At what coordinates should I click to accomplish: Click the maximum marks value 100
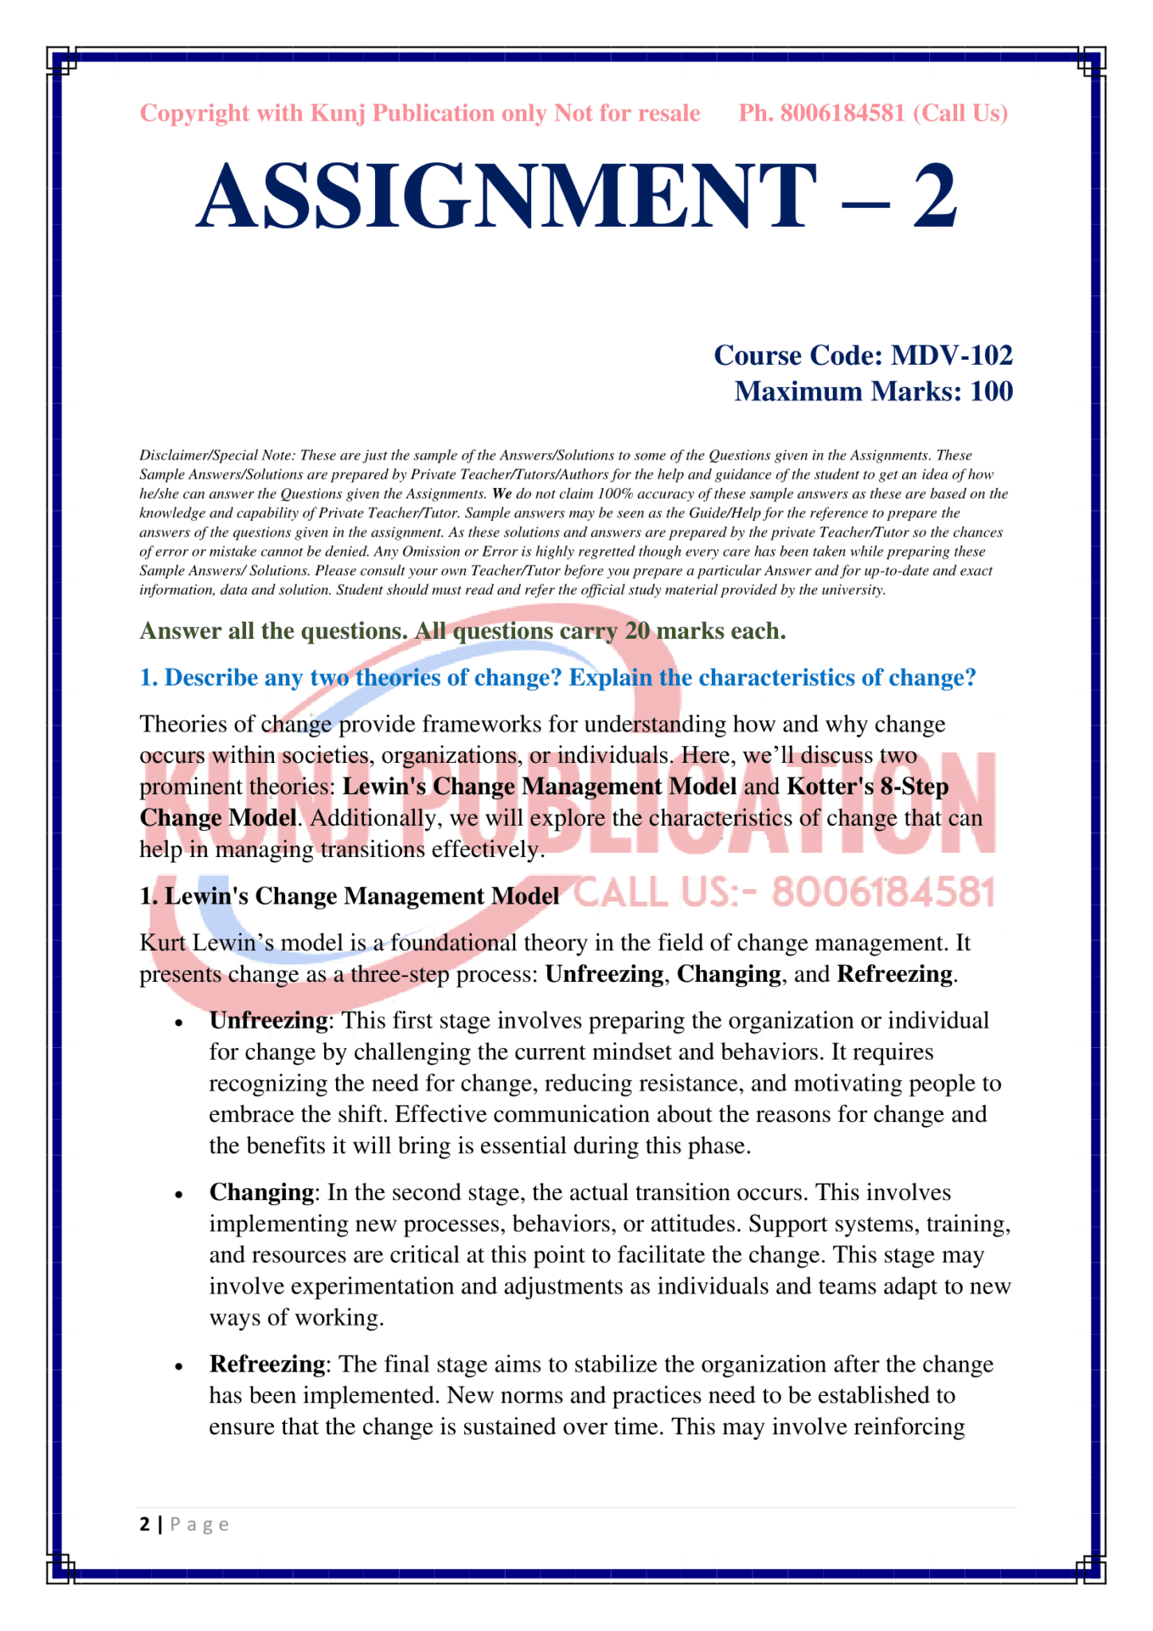coord(991,392)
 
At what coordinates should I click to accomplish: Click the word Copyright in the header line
coord(194,114)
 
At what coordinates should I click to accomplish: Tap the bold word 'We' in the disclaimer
coord(501,494)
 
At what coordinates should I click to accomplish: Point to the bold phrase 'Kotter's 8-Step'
coord(867,787)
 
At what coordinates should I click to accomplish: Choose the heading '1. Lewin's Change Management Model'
coord(350,897)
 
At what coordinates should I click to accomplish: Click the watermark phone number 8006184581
coord(884,894)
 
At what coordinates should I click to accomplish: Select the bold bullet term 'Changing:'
coord(263,1193)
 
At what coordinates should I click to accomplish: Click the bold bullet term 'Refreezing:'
coord(268,1365)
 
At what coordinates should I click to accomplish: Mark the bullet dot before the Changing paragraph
coord(180,1195)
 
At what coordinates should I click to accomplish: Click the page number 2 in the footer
coord(144,1525)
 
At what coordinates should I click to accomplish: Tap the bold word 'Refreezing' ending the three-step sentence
coord(894,975)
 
